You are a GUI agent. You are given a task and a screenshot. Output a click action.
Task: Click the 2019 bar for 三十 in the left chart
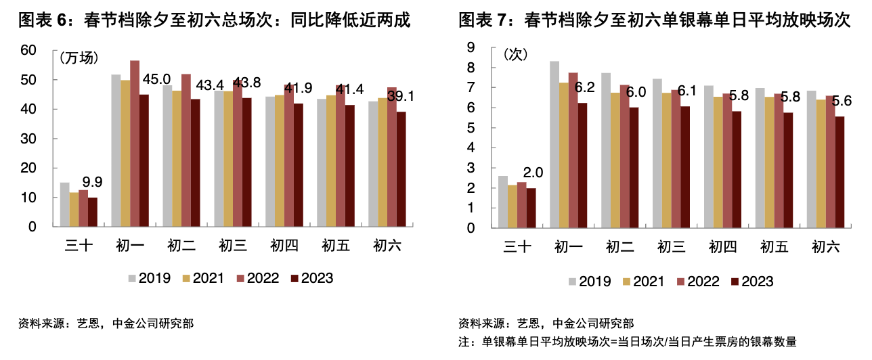click(64, 204)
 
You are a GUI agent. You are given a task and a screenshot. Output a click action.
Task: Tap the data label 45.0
click(156, 79)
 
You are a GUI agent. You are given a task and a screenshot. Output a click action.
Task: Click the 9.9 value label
click(92, 181)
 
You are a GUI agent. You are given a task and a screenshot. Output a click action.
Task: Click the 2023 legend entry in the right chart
click(751, 282)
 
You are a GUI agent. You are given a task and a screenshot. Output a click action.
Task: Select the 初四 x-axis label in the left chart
click(284, 246)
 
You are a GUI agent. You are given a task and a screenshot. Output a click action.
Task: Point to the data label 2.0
click(533, 173)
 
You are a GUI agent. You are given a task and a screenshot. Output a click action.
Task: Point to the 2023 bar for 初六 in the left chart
click(401, 169)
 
